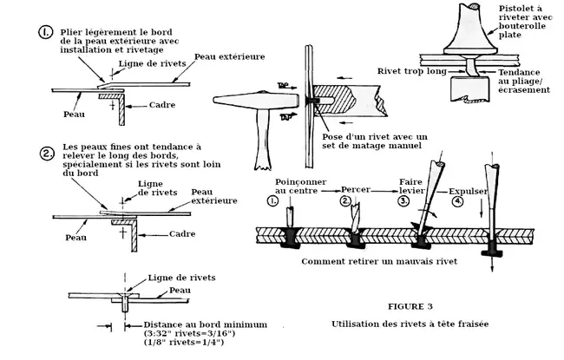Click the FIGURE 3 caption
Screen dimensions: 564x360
click(x=410, y=306)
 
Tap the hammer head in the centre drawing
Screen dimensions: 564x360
click(x=256, y=100)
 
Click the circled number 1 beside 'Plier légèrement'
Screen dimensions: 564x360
click(x=45, y=32)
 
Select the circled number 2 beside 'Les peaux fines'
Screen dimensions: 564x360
click(x=47, y=154)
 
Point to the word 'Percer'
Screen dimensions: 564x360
click(x=356, y=189)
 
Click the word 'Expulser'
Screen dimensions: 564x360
click(x=468, y=192)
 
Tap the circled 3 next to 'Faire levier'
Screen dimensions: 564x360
click(x=404, y=200)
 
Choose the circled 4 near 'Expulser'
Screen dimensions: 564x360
click(x=457, y=201)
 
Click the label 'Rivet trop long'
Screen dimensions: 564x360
click(x=412, y=71)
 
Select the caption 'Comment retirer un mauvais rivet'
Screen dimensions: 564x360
click(x=379, y=261)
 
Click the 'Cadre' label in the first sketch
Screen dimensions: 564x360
click(x=162, y=105)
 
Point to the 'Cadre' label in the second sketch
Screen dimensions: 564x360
click(x=182, y=233)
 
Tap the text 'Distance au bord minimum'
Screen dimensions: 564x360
click(x=206, y=324)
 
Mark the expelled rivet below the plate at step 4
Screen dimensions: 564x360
click(x=491, y=248)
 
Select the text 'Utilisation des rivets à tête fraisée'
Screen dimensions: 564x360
click(x=410, y=324)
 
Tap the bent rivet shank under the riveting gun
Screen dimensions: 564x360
click(x=470, y=68)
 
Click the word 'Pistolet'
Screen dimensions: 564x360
click(x=515, y=9)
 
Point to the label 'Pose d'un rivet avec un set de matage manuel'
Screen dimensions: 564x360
click(x=375, y=141)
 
